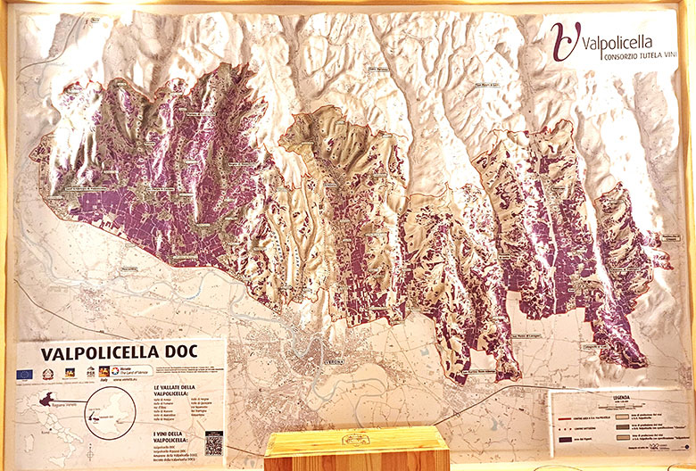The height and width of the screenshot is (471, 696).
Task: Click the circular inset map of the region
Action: [x=114, y=416]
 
